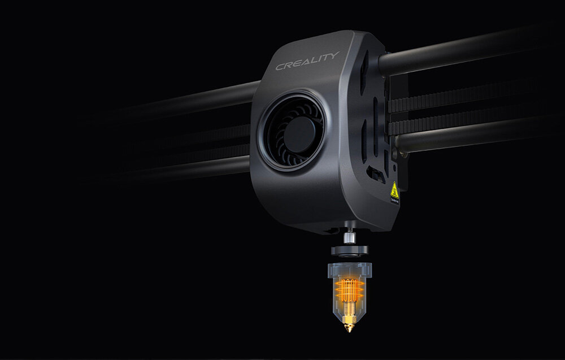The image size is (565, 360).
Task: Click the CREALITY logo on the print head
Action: [307, 60]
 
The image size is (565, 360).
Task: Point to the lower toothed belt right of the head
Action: [475, 116]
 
